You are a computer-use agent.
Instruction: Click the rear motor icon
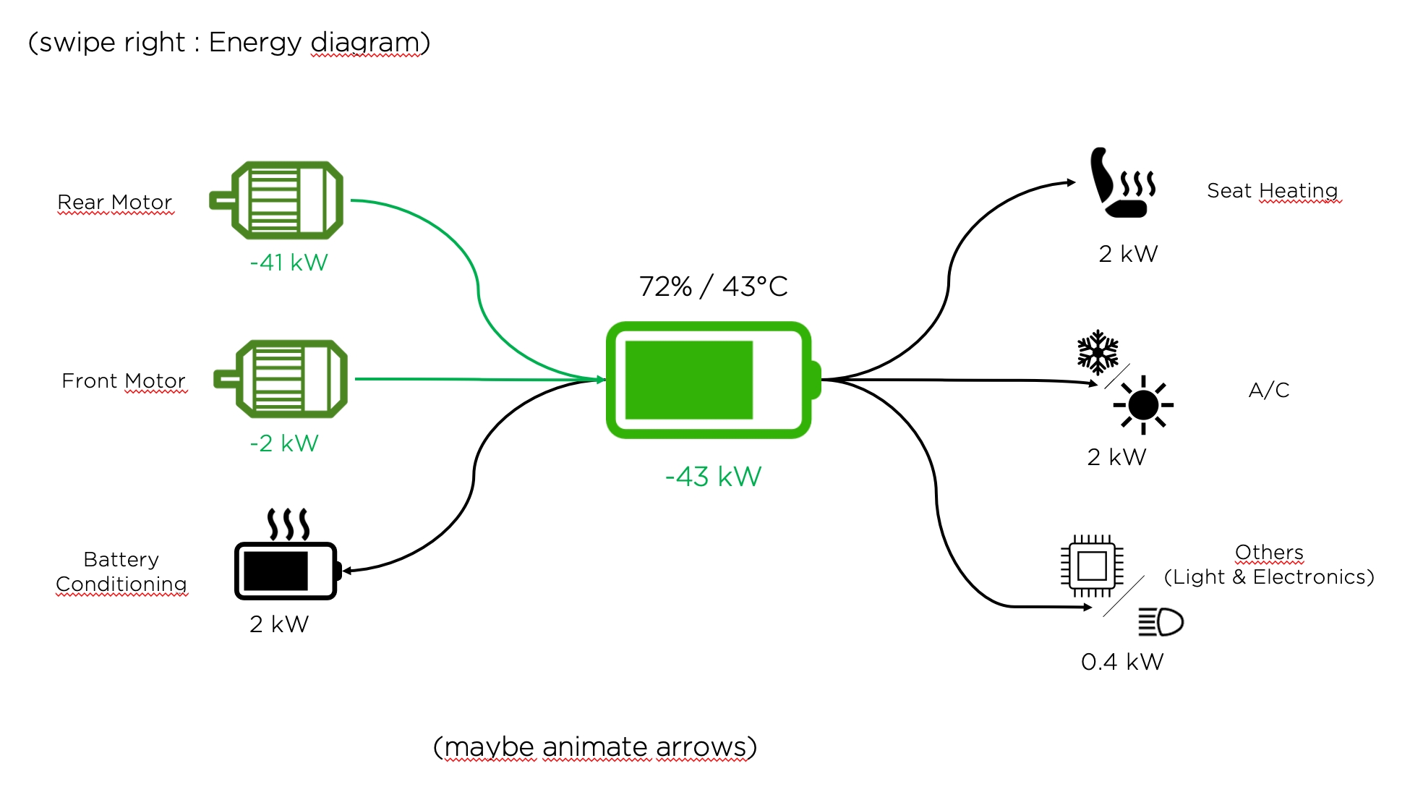tap(278, 200)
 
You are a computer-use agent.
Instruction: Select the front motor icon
tap(283, 379)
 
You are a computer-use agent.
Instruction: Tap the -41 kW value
tap(289, 262)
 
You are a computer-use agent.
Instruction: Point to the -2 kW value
tap(284, 443)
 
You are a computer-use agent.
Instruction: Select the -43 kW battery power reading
tap(713, 477)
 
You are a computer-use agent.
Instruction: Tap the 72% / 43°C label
tap(713, 286)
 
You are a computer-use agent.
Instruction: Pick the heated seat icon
tap(1121, 183)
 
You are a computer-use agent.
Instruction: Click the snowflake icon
tap(1098, 352)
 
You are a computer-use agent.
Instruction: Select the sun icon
tap(1143, 404)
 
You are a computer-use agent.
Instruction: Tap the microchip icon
tap(1092, 565)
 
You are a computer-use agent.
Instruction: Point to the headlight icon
tap(1161, 622)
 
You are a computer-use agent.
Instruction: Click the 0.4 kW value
tap(1122, 662)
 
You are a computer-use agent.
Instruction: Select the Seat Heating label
tap(1272, 191)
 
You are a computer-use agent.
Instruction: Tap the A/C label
tap(1269, 391)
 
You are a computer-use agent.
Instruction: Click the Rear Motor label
tap(115, 203)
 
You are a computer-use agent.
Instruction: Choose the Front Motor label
tap(124, 381)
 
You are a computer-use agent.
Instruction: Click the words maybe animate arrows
tap(594, 747)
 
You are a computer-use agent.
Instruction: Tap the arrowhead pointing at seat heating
tap(1072, 182)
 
